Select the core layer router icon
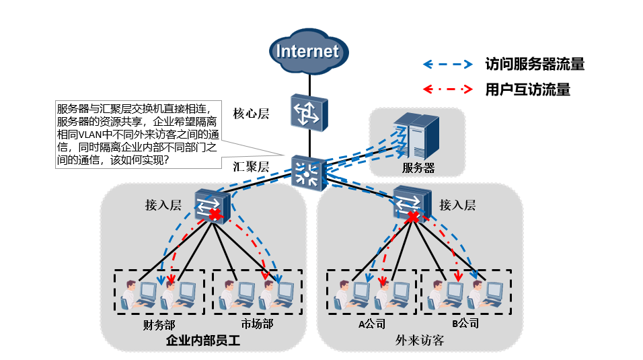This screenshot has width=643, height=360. [x=308, y=112]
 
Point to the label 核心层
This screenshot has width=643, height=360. [x=251, y=113]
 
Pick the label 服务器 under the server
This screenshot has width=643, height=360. [x=418, y=168]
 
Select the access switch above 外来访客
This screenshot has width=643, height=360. [x=412, y=202]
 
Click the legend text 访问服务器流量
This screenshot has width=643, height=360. [x=534, y=65]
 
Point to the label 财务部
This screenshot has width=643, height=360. [x=159, y=324]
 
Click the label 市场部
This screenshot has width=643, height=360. [x=257, y=324]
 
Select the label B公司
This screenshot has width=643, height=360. [x=465, y=324]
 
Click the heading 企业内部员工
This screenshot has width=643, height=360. [x=202, y=341]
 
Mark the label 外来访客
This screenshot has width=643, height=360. [x=420, y=341]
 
